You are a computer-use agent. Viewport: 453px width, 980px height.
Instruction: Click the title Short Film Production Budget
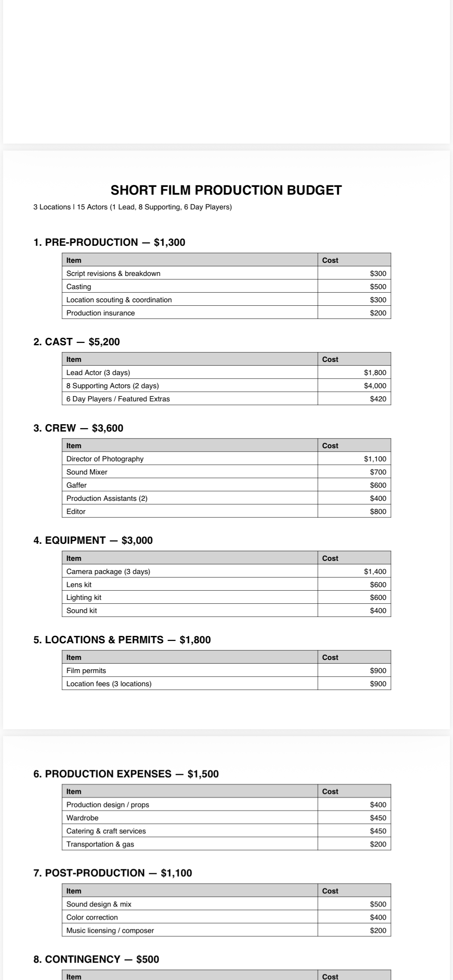[226, 190]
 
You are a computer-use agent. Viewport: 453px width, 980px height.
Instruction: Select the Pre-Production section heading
[109, 242]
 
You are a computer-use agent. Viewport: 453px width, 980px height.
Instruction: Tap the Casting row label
[79, 286]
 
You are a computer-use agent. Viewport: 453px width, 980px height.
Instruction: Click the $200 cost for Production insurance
[378, 313]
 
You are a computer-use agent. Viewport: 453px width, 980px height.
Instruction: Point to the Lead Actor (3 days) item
[98, 372]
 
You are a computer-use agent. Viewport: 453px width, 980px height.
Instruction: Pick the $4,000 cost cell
[375, 385]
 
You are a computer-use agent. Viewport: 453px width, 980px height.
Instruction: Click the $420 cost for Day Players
[378, 399]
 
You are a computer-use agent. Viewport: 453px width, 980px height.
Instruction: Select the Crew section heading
[78, 428]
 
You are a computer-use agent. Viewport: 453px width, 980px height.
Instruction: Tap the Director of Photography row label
[105, 459]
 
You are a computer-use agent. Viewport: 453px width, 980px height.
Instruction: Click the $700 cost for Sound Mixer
[378, 472]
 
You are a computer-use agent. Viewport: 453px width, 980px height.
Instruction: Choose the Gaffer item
[76, 485]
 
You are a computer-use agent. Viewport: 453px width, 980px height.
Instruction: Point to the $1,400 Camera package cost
[375, 571]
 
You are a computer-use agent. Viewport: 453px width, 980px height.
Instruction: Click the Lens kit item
[79, 584]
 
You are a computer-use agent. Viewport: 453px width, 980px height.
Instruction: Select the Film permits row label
[86, 670]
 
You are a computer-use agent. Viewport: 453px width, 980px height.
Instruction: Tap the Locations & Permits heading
[122, 640]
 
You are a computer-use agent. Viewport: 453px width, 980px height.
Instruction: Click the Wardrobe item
[82, 818]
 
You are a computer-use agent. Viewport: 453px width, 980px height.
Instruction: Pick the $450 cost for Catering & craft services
[378, 831]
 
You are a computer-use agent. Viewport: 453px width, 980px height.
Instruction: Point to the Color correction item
[92, 917]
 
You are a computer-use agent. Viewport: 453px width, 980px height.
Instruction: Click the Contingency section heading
[96, 959]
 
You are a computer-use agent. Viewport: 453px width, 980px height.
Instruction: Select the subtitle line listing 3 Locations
[132, 207]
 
